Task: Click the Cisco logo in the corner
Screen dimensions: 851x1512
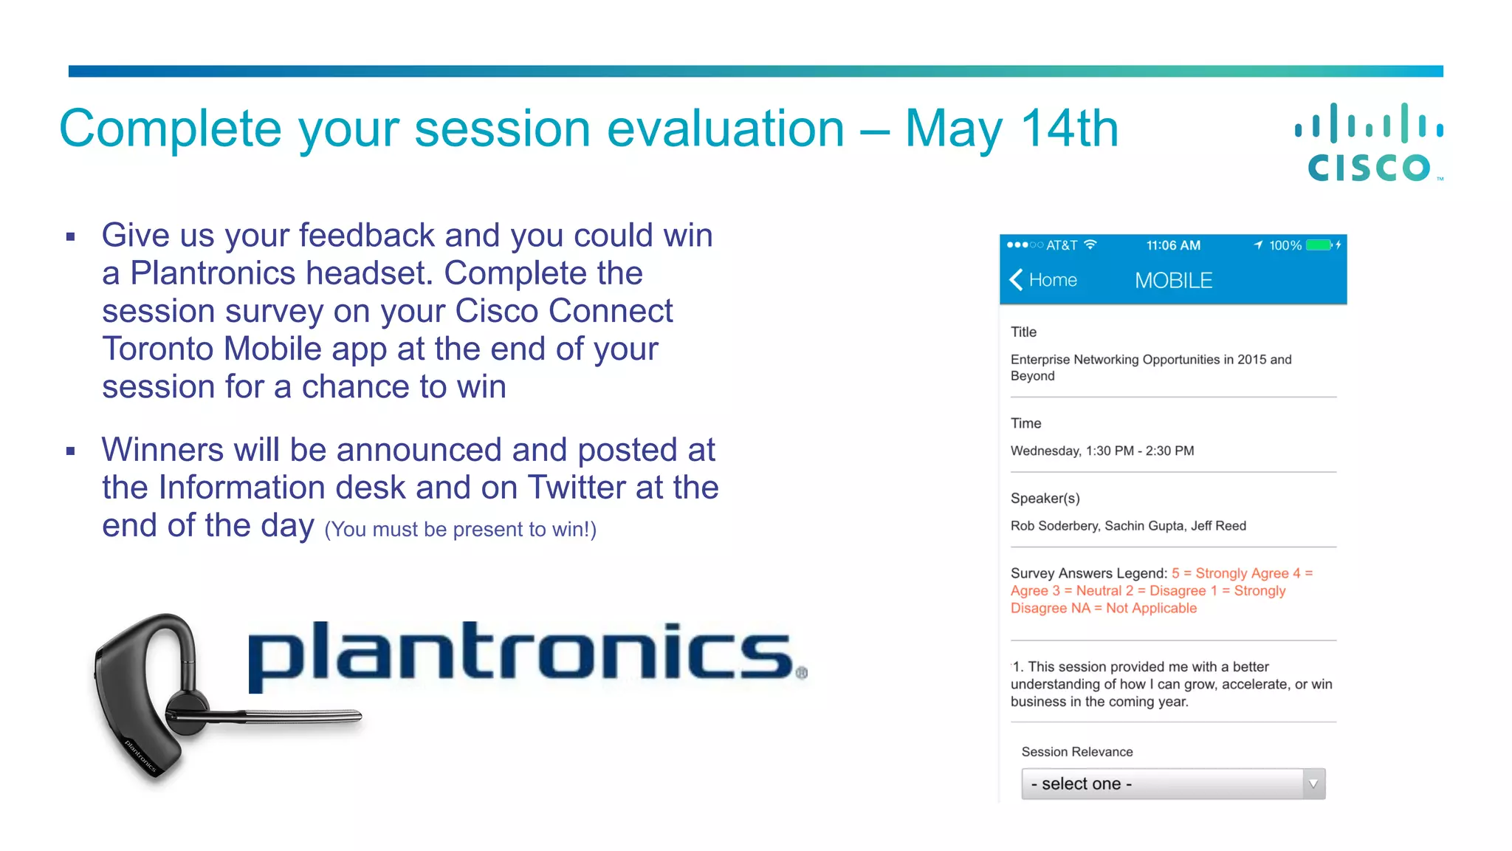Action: coord(1370,143)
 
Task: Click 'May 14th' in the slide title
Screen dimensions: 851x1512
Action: coord(1011,129)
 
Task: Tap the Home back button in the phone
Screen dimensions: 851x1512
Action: coord(1043,280)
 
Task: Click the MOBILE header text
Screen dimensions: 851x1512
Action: coord(1173,281)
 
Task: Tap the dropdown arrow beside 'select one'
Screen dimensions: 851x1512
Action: coord(1313,784)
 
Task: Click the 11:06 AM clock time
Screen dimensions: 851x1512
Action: coord(1173,245)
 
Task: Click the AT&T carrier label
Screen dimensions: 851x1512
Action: coord(1062,245)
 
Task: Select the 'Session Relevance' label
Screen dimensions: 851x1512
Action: coord(1076,752)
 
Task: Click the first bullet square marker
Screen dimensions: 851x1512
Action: coord(71,237)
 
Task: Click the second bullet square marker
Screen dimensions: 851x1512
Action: coord(71,451)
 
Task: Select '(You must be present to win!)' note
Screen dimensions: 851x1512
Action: coord(460,530)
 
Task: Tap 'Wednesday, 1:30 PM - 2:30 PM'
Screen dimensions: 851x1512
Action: coord(1102,451)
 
